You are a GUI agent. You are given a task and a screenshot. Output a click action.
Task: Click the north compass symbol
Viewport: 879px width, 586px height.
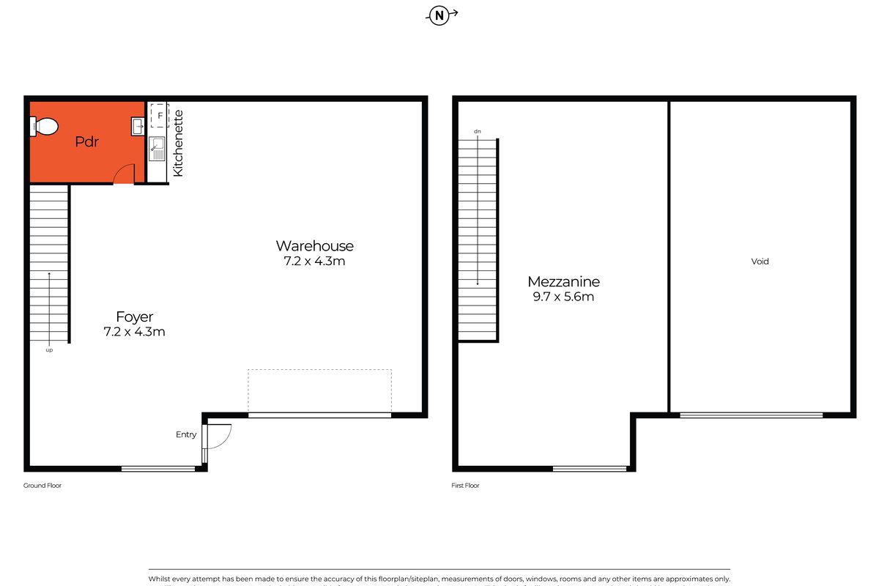pos(439,15)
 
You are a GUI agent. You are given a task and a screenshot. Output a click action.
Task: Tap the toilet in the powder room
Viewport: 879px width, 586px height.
pos(44,127)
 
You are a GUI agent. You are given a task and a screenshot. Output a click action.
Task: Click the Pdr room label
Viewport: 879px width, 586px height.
pos(86,142)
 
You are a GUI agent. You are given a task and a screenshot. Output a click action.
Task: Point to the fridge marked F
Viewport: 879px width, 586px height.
pos(159,115)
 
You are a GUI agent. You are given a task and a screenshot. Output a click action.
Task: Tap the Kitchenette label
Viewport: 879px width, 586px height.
pos(178,143)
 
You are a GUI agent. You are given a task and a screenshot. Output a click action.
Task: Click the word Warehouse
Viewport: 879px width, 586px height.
pos(314,246)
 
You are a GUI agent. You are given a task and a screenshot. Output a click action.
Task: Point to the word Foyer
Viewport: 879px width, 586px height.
pos(135,317)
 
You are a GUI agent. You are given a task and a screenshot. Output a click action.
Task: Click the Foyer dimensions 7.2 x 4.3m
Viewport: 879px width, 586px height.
pos(135,332)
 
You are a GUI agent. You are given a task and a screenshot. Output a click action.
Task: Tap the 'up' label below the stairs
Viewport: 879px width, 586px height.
pos(49,350)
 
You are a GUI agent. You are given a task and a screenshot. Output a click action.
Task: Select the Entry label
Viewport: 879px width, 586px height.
pos(186,434)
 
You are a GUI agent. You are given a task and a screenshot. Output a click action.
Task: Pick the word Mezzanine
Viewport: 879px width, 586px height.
pos(564,282)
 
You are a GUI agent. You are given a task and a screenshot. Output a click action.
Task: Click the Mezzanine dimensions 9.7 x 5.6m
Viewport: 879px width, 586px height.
pos(564,297)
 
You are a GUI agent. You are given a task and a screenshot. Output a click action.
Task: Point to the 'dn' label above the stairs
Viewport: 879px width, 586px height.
pos(478,131)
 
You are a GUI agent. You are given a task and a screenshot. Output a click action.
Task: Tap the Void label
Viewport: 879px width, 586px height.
pos(760,262)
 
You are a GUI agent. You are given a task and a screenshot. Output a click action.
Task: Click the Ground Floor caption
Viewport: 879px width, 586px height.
pos(43,486)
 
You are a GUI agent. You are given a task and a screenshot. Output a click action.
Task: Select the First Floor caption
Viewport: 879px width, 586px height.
pos(466,486)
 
